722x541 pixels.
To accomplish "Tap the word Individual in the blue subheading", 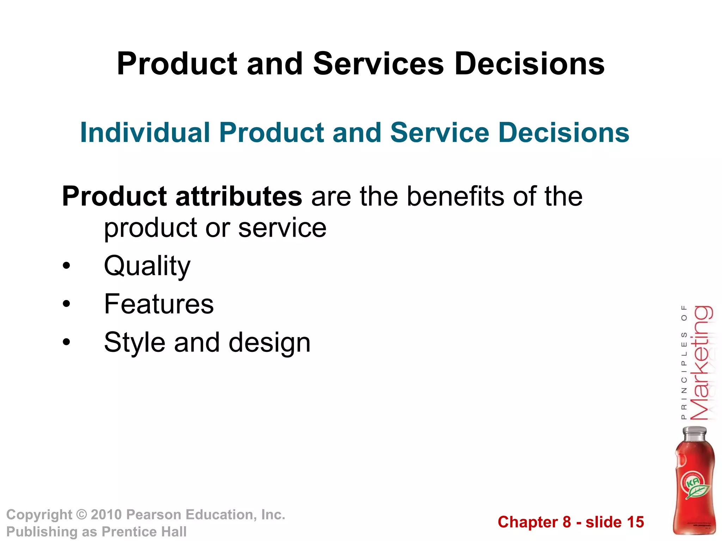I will (145, 133).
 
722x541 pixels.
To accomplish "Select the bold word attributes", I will (239, 196).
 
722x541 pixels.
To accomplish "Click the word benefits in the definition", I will (455, 196).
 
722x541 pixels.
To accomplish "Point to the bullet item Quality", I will (147, 266).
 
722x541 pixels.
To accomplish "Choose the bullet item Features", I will (159, 304).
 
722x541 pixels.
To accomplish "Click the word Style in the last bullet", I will (134, 342).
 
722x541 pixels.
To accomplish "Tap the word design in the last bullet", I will (269, 342).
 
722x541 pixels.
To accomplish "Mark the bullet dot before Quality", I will (66, 266).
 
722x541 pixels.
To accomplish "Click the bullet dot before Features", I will (66, 304).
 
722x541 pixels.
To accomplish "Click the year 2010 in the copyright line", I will (106, 515).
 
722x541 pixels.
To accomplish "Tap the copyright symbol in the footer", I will (81, 515).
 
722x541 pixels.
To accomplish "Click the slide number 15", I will (635, 522).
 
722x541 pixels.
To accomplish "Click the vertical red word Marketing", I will (701, 363).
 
